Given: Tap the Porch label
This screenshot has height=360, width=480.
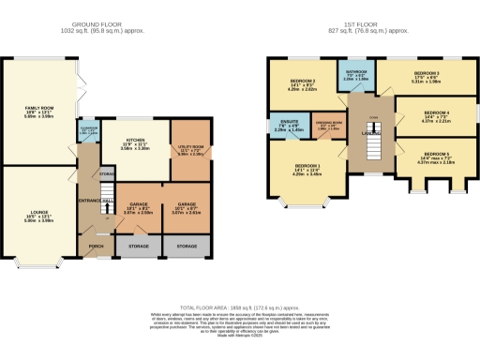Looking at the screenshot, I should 96,247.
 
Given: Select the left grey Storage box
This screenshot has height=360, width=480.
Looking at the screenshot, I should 136,247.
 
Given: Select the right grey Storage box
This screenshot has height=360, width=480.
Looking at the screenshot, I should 187,247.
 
